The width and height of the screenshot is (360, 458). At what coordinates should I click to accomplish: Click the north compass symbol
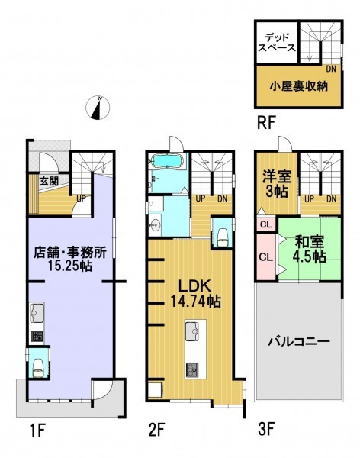click(x=98, y=108)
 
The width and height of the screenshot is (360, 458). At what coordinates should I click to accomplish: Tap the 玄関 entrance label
click(x=49, y=182)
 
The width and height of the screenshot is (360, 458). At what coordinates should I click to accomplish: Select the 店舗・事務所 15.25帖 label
click(x=70, y=259)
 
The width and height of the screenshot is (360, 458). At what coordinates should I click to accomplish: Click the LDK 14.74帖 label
click(x=194, y=294)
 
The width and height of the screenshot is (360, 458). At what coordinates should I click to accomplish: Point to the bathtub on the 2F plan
click(x=167, y=162)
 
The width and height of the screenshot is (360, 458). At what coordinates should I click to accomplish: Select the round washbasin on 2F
click(x=155, y=225)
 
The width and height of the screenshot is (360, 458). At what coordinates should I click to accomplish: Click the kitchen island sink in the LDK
click(x=192, y=331)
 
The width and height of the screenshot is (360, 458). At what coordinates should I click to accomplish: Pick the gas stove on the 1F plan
click(x=37, y=337)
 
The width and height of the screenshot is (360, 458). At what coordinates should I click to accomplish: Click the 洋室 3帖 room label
click(x=277, y=184)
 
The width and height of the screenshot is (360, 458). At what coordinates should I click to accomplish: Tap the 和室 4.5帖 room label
click(x=310, y=249)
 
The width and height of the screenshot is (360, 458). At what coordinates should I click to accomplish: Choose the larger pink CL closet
click(x=266, y=257)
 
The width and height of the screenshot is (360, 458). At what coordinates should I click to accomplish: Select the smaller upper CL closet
click(x=266, y=224)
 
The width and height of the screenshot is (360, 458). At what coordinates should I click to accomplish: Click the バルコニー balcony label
click(x=299, y=341)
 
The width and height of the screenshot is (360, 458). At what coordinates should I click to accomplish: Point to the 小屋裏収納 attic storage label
click(x=298, y=86)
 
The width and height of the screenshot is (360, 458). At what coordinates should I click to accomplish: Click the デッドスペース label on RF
click(x=277, y=43)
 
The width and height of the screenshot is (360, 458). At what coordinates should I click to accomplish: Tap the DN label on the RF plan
click(x=331, y=69)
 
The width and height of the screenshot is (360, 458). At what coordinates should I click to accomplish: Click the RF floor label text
click(x=266, y=123)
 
